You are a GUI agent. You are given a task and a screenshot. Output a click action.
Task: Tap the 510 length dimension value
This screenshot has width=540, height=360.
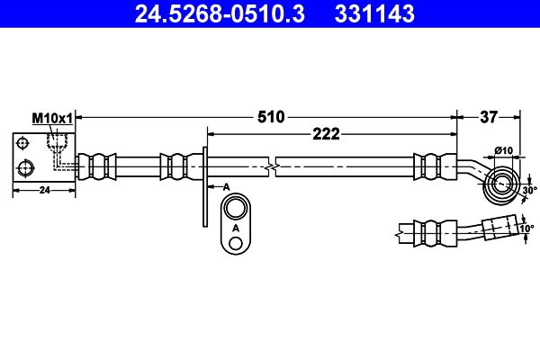[271, 116]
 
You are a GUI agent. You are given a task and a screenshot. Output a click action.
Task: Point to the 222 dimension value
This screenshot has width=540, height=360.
[326, 134]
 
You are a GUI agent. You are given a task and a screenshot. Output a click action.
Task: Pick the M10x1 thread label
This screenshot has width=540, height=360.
[52, 118]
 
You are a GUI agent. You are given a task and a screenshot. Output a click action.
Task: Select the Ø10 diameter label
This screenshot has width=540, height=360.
[503, 149]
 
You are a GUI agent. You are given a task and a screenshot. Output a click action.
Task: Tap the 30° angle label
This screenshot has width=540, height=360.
[529, 190]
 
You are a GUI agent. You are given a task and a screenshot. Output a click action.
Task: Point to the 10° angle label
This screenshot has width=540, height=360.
[527, 229]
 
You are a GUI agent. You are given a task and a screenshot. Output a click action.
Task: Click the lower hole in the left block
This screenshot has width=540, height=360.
[26, 166]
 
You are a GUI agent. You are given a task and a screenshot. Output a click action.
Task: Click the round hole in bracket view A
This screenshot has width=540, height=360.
[236, 210]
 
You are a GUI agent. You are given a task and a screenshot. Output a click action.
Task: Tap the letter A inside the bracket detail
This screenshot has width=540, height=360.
[236, 229]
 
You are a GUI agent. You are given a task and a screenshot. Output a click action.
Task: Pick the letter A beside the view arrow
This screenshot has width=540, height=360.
[227, 184]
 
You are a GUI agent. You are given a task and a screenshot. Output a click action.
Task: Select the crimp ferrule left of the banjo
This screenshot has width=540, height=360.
[428, 166]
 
